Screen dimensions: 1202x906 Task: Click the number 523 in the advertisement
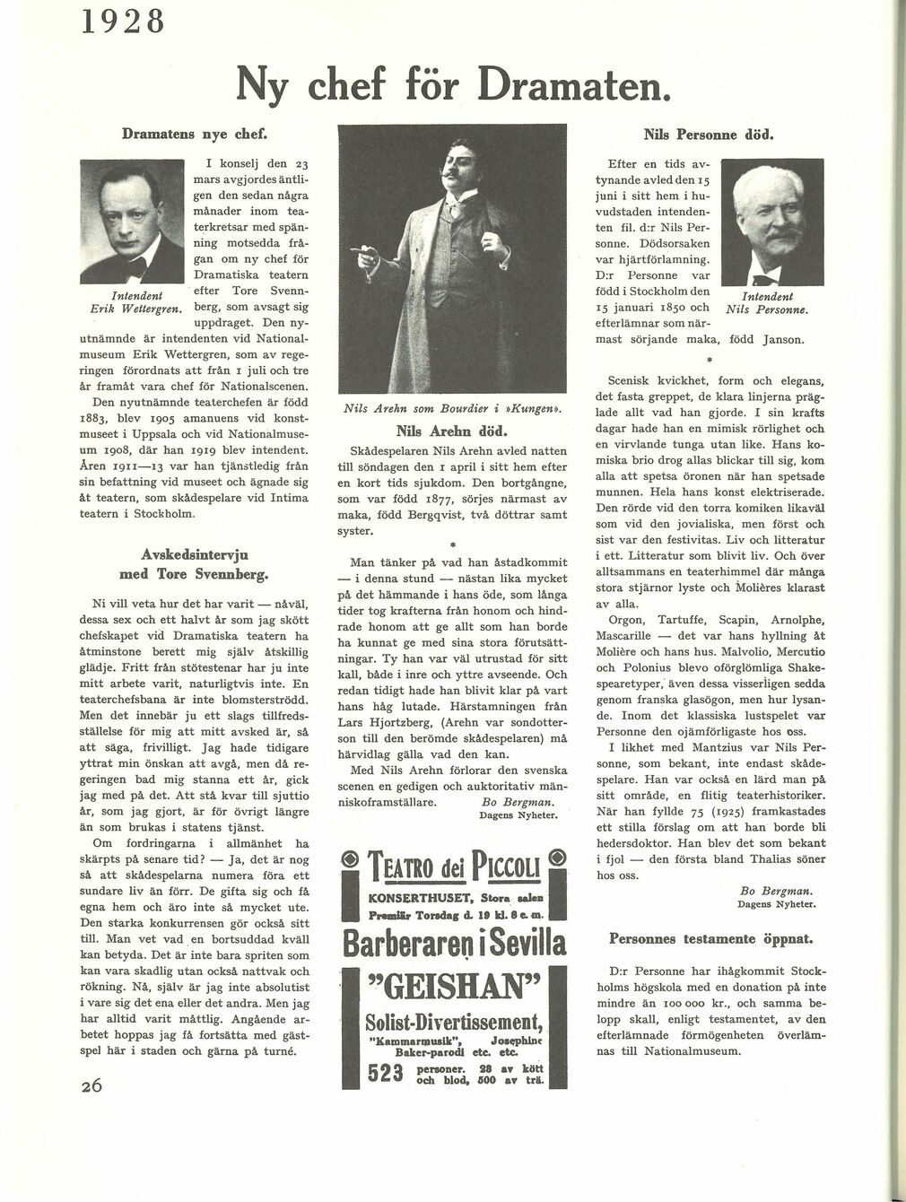coord(389,1075)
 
